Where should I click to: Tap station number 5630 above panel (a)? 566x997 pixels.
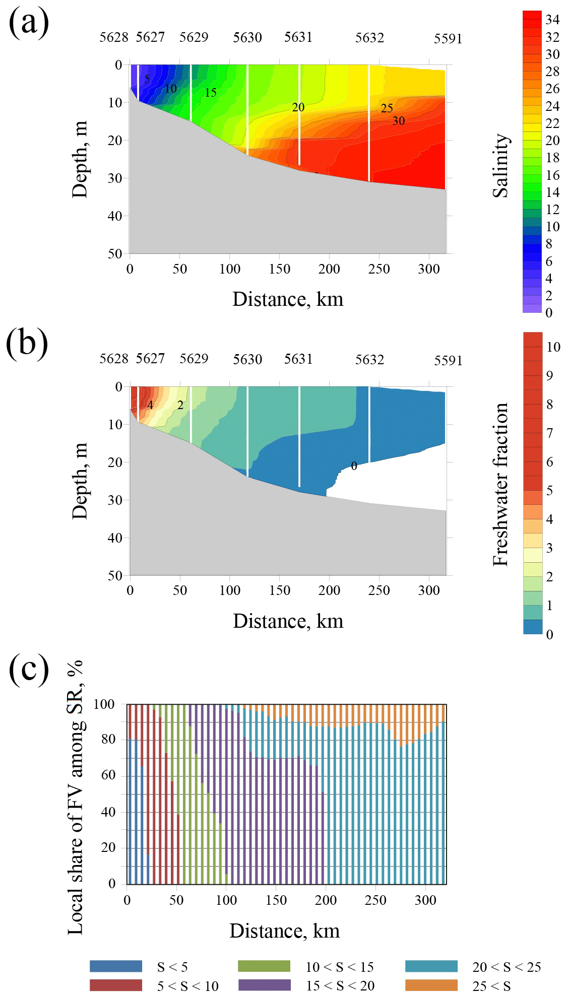pyautogui.click(x=247, y=37)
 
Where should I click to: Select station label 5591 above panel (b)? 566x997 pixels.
pyautogui.click(x=448, y=360)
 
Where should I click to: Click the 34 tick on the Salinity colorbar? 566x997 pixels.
pyautogui.click(x=552, y=20)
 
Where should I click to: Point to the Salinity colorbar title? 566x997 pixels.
pyautogui.click(x=501, y=165)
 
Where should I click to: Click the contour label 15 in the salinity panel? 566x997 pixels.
pyautogui.click(x=211, y=92)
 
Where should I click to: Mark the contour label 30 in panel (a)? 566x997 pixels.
pyautogui.click(x=399, y=121)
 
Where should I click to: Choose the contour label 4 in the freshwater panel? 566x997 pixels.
pyautogui.click(x=150, y=405)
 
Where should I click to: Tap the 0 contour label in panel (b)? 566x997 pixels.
pyautogui.click(x=354, y=466)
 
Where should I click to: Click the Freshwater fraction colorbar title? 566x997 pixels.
pyautogui.click(x=501, y=484)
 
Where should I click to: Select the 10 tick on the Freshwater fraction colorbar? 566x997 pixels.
pyautogui.click(x=553, y=347)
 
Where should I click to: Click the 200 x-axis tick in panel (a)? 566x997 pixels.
pyautogui.click(x=329, y=269)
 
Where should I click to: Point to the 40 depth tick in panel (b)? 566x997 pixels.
pyautogui.click(x=115, y=538)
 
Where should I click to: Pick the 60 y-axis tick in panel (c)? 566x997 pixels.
pyautogui.click(x=108, y=775)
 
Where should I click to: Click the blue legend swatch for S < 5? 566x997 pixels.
pyautogui.click(x=116, y=966)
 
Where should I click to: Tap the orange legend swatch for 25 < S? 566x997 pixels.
pyautogui.click(x=431, y=985)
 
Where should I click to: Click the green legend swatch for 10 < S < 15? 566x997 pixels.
pyautogui.click(x=264, y=966)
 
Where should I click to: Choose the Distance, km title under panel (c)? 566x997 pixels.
pyautogui.click(x=285, y=930)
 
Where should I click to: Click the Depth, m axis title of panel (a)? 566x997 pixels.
pyautogui.click(x=80, y=159)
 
